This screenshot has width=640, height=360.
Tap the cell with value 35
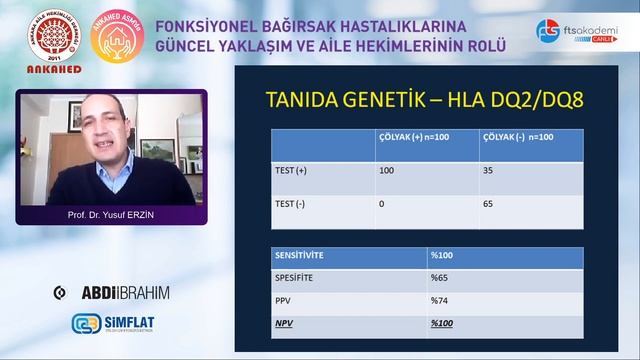click(x=489, y=171)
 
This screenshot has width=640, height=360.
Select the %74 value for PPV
click(x=441, y=300)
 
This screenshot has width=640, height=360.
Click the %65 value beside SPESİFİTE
click(x=441, y=277)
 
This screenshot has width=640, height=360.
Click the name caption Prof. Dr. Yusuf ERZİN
click(x=111, y=215)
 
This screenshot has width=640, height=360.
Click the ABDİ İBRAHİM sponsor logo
click(x=111, y=292)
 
